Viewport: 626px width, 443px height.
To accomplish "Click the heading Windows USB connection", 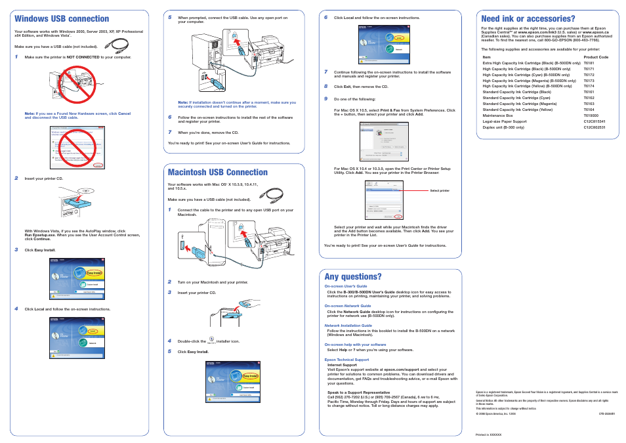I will point(62,19).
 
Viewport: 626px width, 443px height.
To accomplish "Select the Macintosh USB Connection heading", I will point(218,173).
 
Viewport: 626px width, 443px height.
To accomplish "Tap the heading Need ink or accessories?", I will point(528,19).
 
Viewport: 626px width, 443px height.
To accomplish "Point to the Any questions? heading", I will point(353,276).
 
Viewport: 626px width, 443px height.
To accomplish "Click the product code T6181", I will point(589,63).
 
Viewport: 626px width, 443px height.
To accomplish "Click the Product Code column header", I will point(596,57).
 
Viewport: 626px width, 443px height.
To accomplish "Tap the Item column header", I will point(486,57).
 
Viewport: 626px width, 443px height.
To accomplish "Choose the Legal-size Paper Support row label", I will point(504,121).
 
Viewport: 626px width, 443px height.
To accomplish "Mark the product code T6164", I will point(589,110).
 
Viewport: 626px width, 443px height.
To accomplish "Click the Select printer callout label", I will point(440,190).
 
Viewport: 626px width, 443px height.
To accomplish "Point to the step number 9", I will point(325,98).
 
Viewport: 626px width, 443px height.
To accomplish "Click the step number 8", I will point(325,86).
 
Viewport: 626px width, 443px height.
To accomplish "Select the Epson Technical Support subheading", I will point(346,360).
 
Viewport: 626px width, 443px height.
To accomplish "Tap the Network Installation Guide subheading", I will point(348,326).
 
